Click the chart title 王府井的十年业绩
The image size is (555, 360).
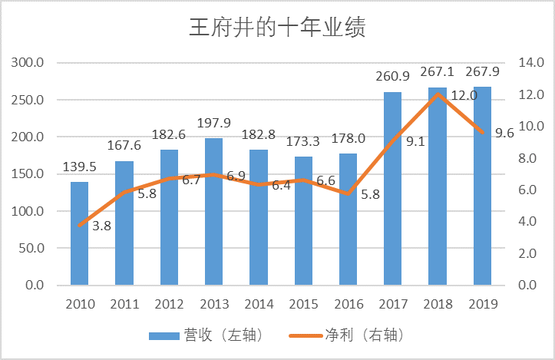[277, 28]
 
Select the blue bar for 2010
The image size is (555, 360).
[79, 234]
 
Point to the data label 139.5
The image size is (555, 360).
[79, 167]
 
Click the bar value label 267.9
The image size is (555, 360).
[482, 71]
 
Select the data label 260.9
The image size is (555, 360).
[392, 77]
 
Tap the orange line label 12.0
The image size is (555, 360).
[464, 96]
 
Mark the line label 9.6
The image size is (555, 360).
[504, 133]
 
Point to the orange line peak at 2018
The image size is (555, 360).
[438, 94]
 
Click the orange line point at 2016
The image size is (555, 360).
[348, 193]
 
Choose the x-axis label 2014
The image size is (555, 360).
[259, 304]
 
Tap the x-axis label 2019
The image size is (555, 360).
[482, 304]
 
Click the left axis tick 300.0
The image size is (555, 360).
[28, 63]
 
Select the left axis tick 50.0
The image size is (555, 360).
[31, 248]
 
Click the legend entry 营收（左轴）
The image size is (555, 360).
[197, 335]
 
